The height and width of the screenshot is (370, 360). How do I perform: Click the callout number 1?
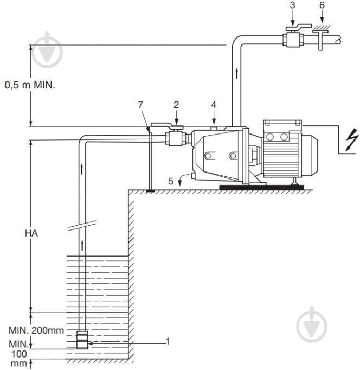point(168,341)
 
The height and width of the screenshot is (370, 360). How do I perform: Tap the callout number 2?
point(176,105)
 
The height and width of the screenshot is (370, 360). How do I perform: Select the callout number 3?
point(292,5)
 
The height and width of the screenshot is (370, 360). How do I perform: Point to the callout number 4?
point(214,105)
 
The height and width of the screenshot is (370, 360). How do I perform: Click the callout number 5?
point(171,181)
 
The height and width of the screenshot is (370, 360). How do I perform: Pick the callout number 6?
point(322,5)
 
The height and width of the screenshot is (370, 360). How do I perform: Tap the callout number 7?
point(140,105)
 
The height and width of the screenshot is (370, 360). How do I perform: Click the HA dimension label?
point(31,233)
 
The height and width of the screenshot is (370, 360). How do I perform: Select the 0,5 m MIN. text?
point(30,85)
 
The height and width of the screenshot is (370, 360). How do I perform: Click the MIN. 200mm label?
point(36,330)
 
